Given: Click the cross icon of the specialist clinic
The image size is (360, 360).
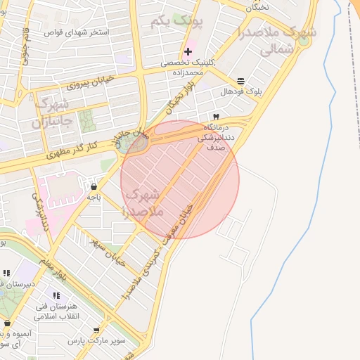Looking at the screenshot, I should [188, 51].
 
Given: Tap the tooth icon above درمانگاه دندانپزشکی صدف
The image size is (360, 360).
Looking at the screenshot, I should [216, 116].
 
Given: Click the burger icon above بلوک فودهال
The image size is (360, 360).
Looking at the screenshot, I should [241, 81].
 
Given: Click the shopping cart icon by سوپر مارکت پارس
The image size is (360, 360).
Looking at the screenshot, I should [96, 330].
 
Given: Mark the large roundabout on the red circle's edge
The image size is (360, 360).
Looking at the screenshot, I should [133, 143].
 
